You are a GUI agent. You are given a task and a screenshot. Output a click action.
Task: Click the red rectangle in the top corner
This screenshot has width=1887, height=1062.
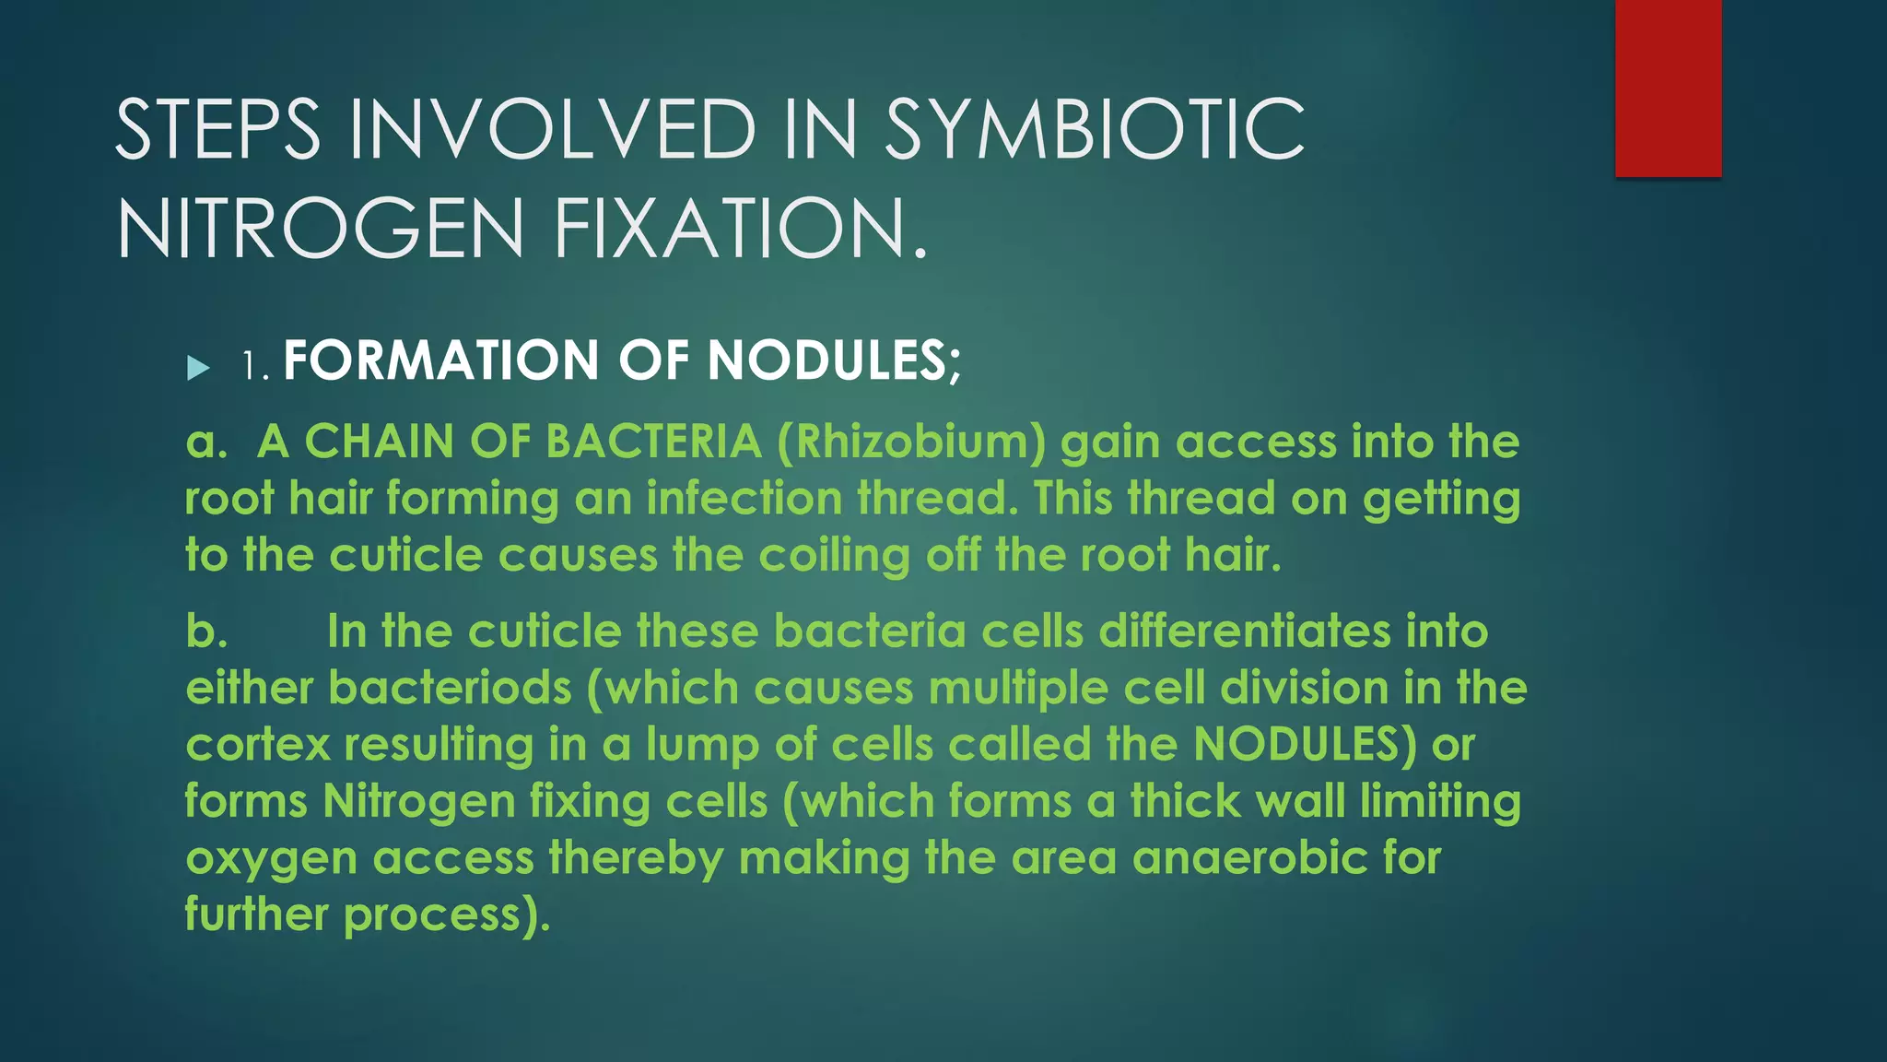click(x=1668, y=88)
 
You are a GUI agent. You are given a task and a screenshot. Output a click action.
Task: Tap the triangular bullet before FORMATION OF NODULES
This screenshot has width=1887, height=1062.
click(x=198, y=368)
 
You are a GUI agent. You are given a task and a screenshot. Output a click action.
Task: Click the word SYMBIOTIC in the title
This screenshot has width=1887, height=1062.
click(x=1095, y=130)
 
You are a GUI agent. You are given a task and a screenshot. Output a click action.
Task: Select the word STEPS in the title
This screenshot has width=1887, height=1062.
click(x=217, y=130)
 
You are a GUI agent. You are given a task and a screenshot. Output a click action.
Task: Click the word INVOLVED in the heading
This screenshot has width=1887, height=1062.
click(x=553, y=130)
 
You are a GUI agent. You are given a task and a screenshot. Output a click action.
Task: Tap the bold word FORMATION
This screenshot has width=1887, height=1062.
click(x=441, y=360)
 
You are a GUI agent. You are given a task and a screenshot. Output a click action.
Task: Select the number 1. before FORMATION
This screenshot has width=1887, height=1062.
click(x=254, y=366)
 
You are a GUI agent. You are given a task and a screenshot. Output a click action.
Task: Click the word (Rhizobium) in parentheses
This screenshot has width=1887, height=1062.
click(x=911, y=442)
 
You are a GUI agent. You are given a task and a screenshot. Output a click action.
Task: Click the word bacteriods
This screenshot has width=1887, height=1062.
click(x=450, y=689)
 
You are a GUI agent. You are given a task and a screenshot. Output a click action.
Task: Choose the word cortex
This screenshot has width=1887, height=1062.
click(x=257, y=745)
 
